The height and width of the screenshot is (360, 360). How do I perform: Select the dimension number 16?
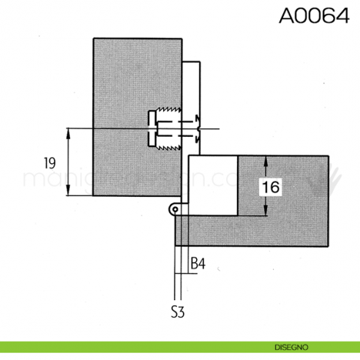click(x=270, y=187)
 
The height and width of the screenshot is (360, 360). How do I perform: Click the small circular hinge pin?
click(x=176, y=209)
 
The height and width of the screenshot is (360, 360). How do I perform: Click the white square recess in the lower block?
click(x=213, y=185)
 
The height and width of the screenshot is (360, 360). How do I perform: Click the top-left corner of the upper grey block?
click(x=93, y=37)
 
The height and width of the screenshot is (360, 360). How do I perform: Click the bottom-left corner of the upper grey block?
click(x=93, y=196)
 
